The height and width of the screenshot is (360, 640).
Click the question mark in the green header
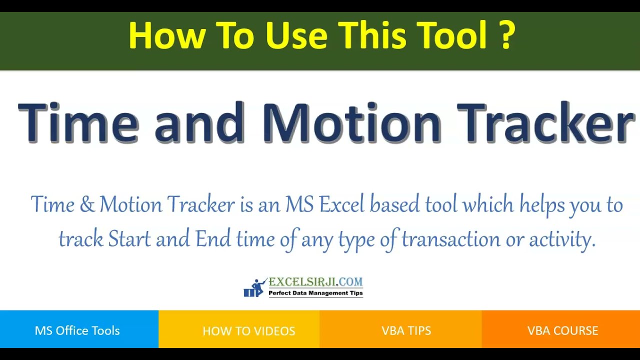coord(506,35)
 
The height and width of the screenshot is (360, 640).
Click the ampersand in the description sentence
coord(87,205)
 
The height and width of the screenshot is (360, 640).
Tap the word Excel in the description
coord(342,205)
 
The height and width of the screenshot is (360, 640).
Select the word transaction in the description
coord(450,239)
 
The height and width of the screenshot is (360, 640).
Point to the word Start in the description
coord(129,239)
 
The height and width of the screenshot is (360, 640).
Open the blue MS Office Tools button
coord(77,330)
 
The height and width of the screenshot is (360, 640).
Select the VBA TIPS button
coord(406,330)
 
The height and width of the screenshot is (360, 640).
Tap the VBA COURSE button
coord(562,330)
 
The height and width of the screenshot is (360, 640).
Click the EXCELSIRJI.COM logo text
coord(315,282)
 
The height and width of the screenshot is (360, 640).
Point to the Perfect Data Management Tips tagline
coord(315,293)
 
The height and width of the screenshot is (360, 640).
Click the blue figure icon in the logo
coord(255,288)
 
